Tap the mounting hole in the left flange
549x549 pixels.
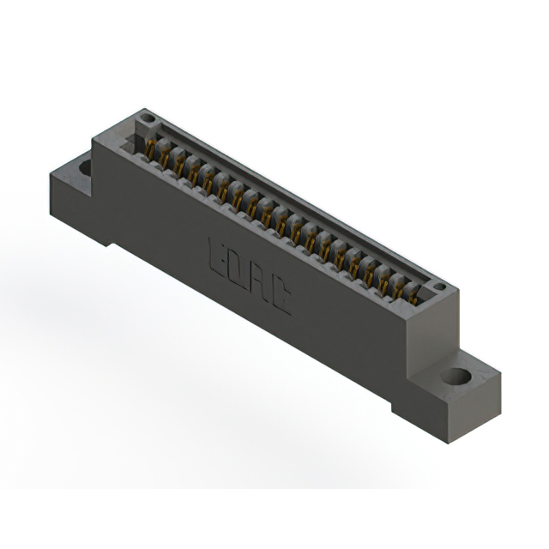(86, 166)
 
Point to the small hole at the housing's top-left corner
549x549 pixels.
(147, 118)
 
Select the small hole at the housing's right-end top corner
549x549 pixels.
(439, 287)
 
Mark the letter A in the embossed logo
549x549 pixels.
(259, 283)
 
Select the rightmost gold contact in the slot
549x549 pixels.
(413, 297)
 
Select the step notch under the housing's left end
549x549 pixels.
(106, 238)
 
